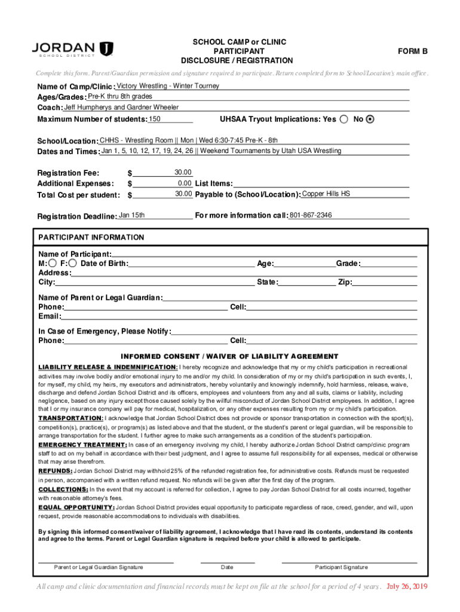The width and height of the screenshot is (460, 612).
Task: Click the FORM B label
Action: tap(413, 51)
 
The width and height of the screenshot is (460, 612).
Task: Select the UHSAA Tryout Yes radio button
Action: tap(344, 119)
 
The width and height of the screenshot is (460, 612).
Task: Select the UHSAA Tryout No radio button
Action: tap(370, 119)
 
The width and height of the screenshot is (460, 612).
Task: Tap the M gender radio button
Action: tap(53, 264)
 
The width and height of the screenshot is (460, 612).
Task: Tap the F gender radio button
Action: tap(72, 264)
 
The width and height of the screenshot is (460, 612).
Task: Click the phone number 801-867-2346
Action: tap(311, 215)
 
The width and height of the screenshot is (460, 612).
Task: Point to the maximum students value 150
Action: tap(155, 119)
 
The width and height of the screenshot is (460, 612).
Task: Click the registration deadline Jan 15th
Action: tap(131, 215)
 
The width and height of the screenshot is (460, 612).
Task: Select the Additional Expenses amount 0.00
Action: tap(185, 183)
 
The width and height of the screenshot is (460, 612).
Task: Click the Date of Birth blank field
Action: tap(191, 264)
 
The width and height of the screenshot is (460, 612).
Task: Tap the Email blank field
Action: tap(239, 316)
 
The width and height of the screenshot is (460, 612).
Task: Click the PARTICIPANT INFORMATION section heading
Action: tap(91, 237)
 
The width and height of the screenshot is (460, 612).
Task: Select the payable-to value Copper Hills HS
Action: tap(326, 194)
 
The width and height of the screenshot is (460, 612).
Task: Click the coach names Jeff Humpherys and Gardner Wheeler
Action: tap(121, 108)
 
